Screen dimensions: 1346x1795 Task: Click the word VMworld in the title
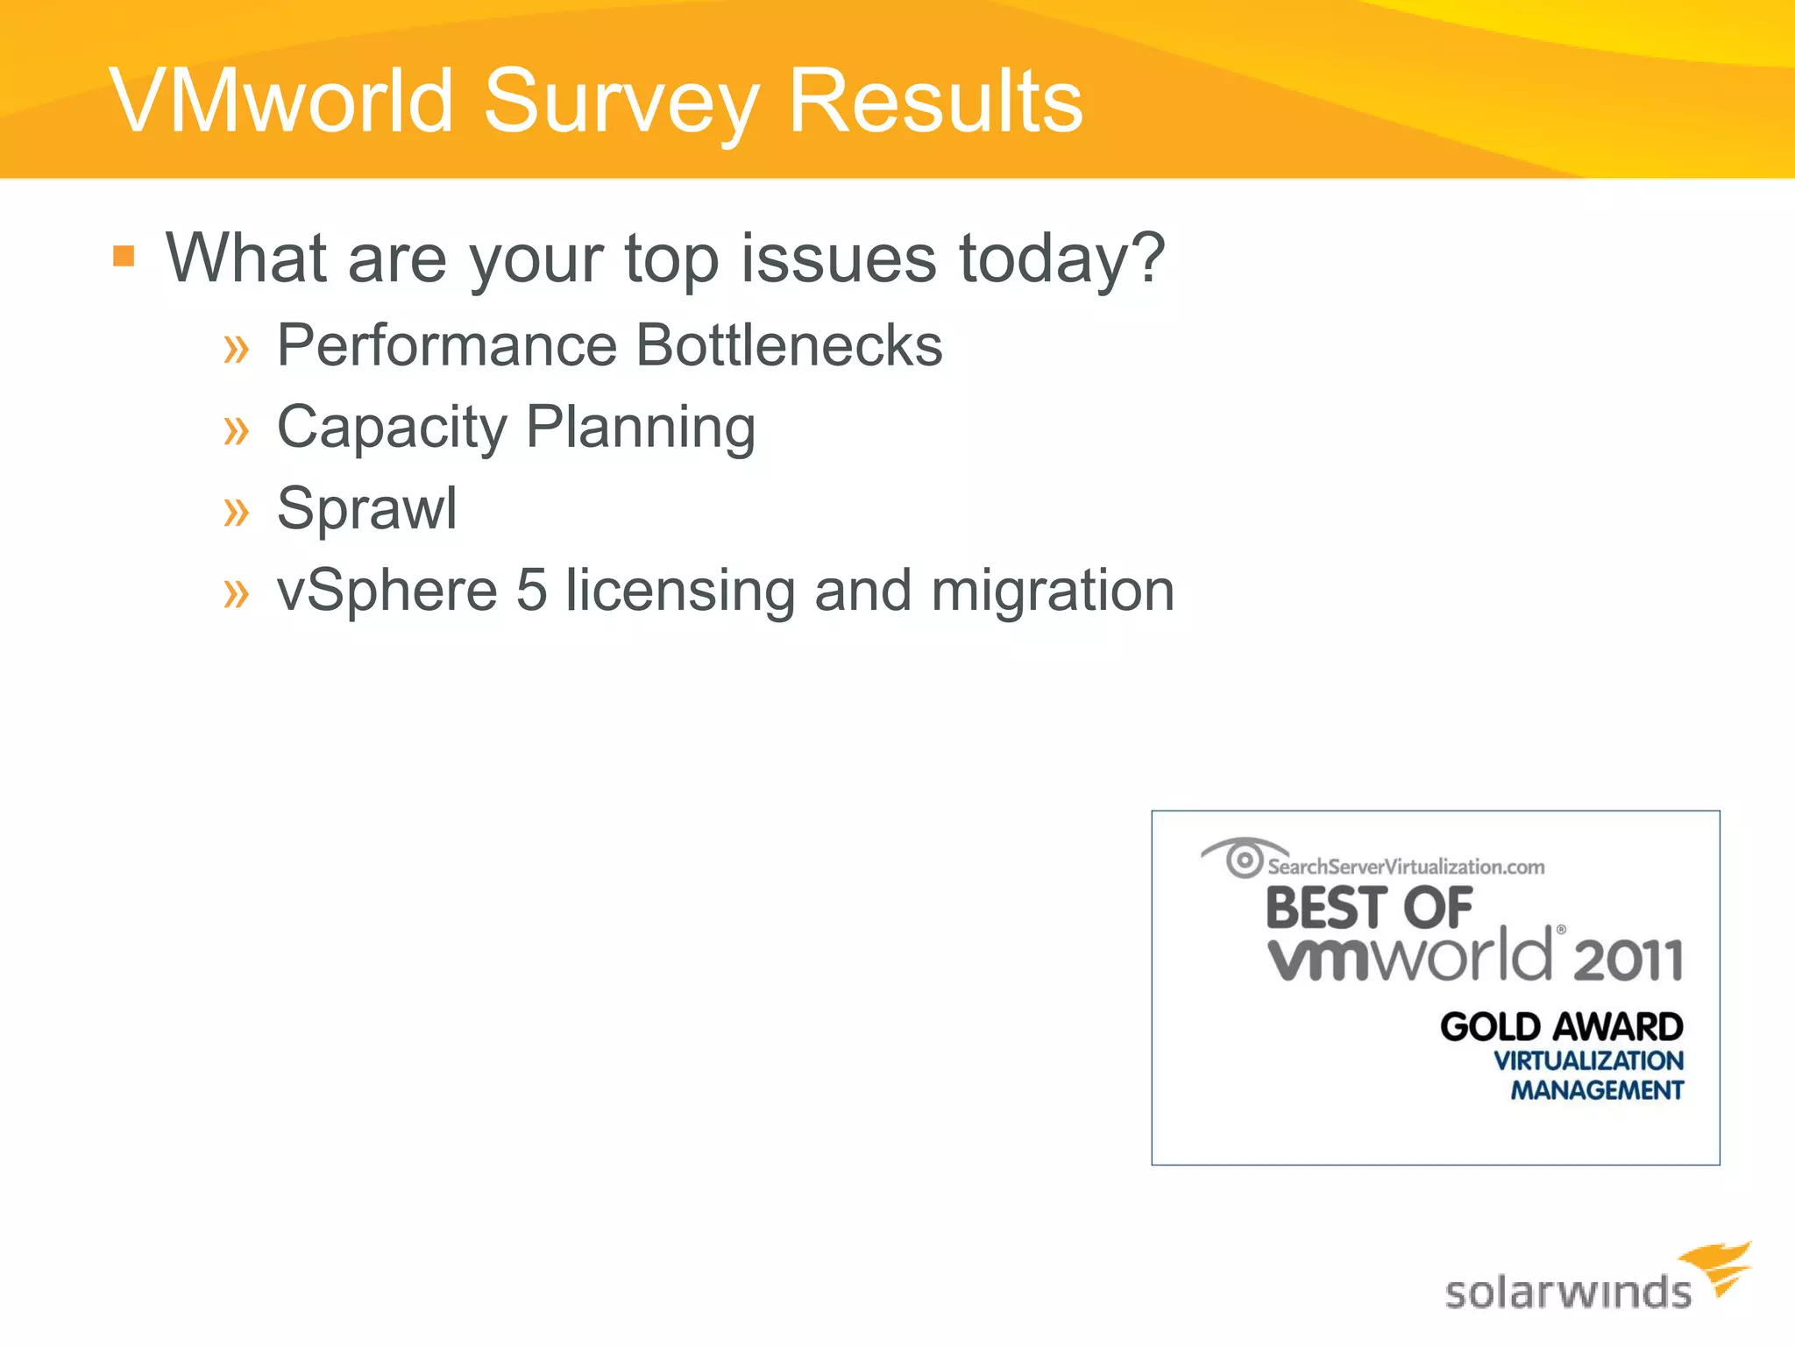tap(282, 102)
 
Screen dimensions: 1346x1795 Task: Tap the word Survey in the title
tap(621, 102)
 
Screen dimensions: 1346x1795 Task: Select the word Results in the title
tap(935, 102)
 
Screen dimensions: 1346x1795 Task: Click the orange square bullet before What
tap(124, 256)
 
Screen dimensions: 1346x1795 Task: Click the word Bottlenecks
tap(789, 345)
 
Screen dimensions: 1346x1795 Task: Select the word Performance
tap(447, 345)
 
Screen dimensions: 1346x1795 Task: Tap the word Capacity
tap(392, 428)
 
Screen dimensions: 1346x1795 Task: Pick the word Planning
tap(641, 428)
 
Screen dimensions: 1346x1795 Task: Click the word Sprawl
tap(366, 508)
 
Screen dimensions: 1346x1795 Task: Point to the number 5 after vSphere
tap(531, 590)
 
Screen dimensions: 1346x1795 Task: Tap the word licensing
tap(680, 592)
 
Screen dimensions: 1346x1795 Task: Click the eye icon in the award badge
tap(1243, 858)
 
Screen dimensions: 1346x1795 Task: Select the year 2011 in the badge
tap(1628, 960)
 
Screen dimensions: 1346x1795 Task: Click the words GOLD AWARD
tap(1561, 1027)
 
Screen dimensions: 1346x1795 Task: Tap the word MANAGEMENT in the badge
tap(1596, 1090)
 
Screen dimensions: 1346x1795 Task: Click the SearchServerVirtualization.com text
tap(1406, 867)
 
